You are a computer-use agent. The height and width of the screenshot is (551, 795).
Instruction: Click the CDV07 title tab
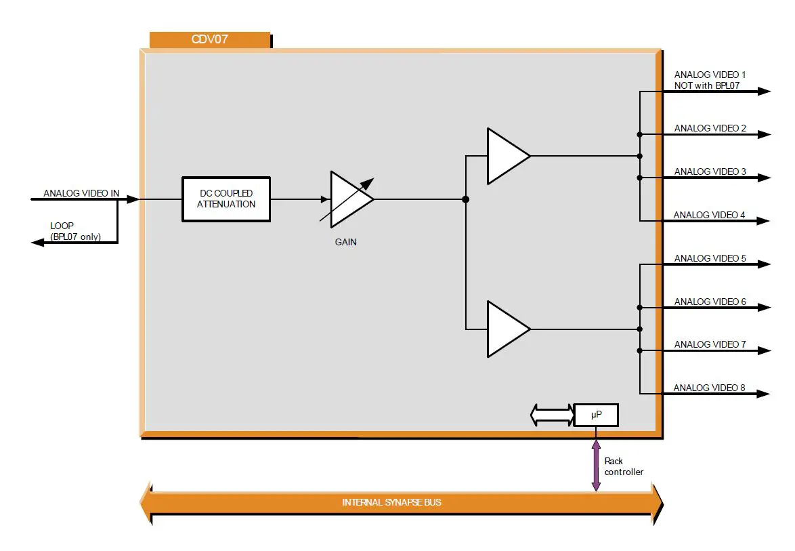209,39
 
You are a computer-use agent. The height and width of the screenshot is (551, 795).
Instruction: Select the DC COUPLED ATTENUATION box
226,199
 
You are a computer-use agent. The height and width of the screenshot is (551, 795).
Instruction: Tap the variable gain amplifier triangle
347,199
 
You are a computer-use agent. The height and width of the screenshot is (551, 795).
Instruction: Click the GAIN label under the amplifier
345,242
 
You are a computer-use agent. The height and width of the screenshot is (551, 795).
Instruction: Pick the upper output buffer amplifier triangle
504,156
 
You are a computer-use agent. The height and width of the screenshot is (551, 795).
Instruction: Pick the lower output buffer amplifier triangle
504,329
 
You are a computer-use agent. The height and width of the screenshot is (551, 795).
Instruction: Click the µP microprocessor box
596,415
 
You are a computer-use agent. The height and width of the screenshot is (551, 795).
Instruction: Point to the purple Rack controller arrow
596,466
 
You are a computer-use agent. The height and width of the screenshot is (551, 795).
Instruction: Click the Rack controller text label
624,466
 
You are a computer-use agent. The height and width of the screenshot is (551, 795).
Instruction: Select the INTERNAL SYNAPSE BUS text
392,502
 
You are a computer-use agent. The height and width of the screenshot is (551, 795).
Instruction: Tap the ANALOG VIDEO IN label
81,193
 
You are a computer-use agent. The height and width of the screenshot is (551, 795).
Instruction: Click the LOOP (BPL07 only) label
75,231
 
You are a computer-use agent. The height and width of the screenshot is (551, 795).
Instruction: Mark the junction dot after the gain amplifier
465,199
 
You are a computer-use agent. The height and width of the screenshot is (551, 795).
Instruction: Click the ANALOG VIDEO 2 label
710,128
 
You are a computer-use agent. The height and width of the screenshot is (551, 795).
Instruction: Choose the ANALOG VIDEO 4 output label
709,215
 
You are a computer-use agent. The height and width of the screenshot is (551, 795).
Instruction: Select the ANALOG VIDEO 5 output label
710,258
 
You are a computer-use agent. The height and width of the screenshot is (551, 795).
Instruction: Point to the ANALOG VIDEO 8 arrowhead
764,394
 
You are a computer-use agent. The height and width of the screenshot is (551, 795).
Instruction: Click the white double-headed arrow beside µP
553,415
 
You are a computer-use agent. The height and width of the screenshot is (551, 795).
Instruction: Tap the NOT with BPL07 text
706,85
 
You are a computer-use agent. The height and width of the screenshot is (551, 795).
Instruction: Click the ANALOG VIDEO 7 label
710,344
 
